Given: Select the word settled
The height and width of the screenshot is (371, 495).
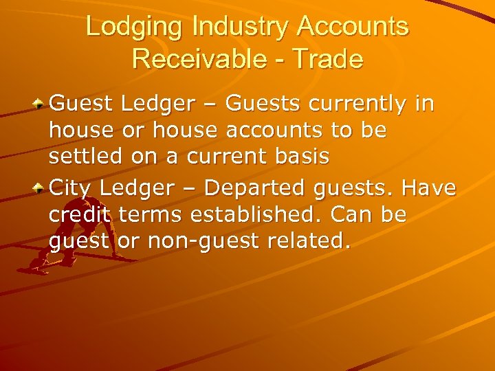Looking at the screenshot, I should point(87,156).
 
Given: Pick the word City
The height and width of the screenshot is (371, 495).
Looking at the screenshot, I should point(72,188).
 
